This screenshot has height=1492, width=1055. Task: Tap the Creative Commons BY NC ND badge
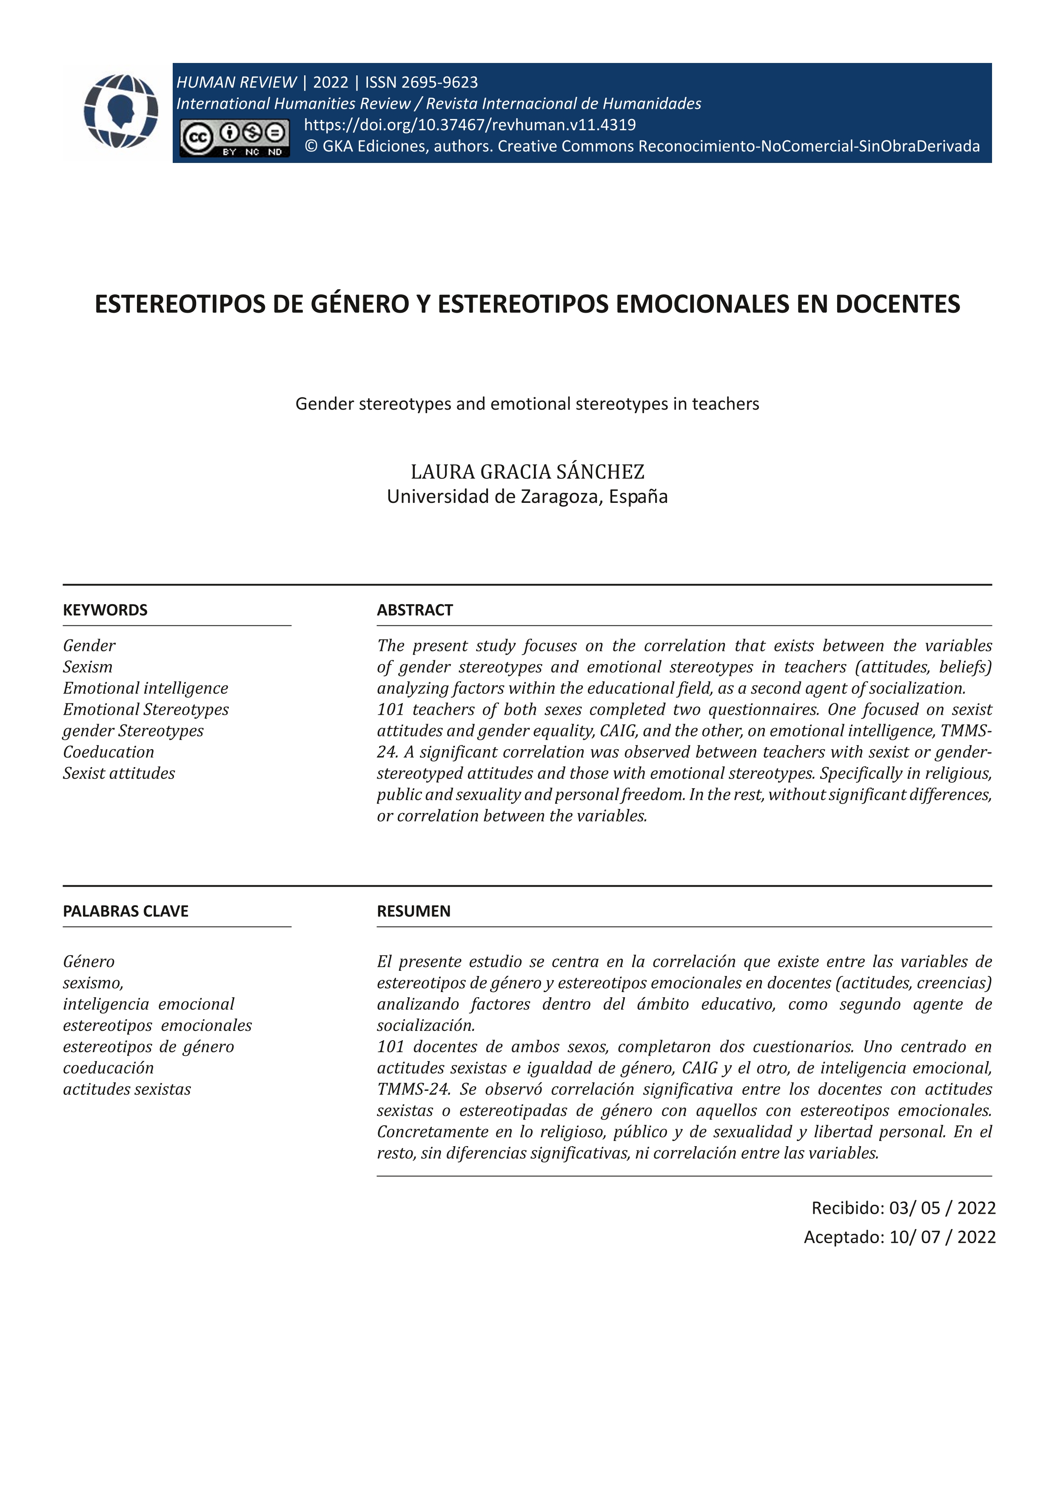[234, 138]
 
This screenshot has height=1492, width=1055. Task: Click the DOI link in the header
[470, 125]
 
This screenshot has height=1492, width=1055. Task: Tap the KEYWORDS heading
[105, 610]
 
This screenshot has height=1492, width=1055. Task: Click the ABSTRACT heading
[414, 610]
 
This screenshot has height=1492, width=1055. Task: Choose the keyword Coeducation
[108, 752]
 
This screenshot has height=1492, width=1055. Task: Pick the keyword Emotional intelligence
[145, 688]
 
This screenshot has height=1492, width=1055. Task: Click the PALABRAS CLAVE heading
[125, 911]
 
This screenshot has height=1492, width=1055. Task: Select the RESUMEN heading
[413, 911]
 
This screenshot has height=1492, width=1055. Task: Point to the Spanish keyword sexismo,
[93, 982]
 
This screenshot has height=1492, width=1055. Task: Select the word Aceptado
[843, 1237]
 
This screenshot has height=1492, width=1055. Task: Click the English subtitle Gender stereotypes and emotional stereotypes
[527, 404]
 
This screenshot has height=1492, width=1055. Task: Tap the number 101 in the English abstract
[391, 710]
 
